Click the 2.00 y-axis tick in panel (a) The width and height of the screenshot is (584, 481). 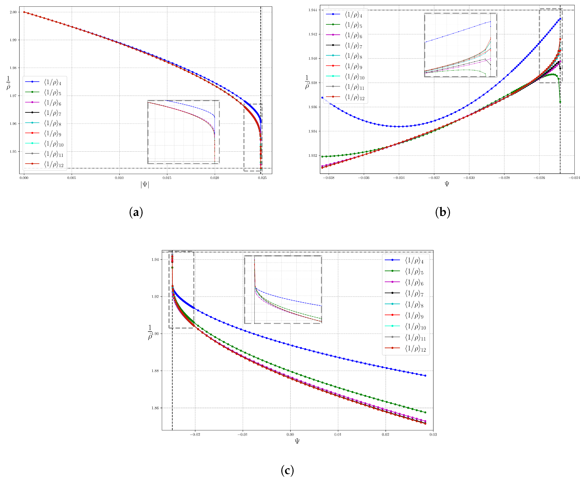click(13, 12)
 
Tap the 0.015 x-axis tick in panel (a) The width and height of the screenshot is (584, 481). click(167, 178)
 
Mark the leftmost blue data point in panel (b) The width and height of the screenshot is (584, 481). click(322, 98)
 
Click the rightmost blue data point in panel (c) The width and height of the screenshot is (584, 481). click(425, 376)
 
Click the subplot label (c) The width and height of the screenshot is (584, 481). click(287, 471)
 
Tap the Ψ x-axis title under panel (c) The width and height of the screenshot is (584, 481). click(297, 441)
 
